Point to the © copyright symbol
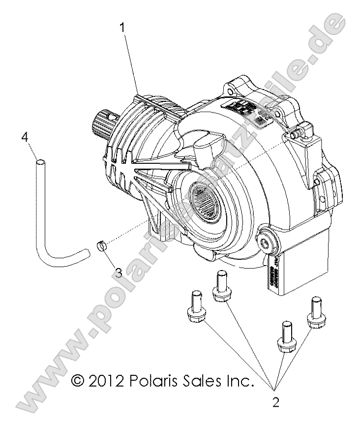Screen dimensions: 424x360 click(78, 380)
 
